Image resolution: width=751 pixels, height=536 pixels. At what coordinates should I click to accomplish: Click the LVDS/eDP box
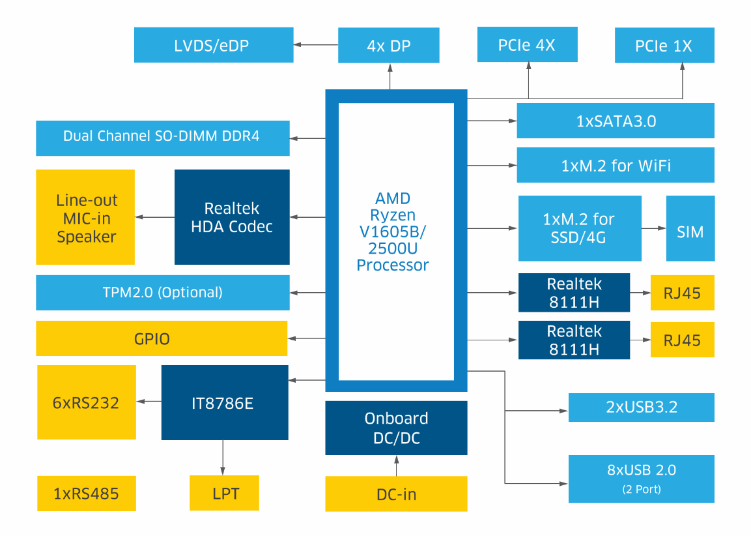213,45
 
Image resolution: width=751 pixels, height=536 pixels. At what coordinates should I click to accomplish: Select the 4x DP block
389,45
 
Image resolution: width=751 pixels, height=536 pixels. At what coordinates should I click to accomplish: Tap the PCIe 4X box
527,44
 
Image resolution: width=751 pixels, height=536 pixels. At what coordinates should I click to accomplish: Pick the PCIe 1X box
664,45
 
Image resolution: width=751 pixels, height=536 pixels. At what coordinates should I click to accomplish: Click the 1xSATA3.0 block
615,121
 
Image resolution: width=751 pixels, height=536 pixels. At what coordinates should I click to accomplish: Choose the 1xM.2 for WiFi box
615,165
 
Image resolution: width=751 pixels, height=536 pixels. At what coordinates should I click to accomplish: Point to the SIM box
690,228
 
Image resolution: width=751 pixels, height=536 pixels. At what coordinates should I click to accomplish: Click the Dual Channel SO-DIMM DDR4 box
162,138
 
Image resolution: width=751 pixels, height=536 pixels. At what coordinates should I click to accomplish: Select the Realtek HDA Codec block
232,217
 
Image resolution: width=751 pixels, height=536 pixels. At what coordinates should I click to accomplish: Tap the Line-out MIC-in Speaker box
85,217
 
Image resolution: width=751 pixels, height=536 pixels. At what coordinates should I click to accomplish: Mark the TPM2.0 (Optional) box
162,292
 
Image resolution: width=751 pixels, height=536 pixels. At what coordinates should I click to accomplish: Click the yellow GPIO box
161,338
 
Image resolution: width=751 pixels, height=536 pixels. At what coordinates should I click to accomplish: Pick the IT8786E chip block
225,402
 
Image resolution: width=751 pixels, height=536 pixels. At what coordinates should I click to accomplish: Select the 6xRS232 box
86,402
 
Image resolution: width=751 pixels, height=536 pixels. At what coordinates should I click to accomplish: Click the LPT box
224,493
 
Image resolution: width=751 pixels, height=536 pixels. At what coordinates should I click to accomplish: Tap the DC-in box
396,494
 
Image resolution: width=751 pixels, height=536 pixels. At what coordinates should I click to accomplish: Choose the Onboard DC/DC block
396,428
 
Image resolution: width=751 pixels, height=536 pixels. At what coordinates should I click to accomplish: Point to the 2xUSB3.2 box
641,408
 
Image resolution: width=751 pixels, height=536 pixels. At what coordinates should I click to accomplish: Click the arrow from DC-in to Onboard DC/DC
396,466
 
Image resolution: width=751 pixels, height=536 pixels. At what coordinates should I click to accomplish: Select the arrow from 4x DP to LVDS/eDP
316,45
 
